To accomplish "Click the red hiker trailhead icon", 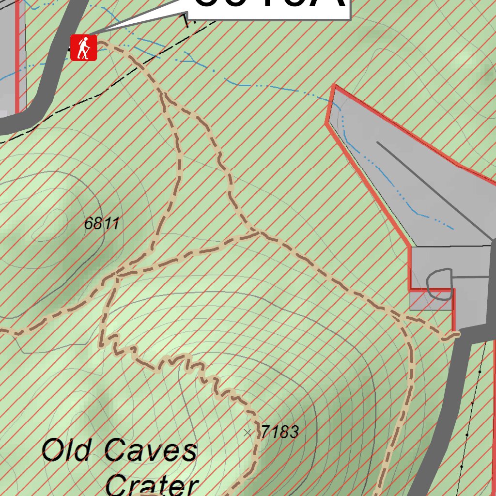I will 84,48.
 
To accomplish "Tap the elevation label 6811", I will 101,224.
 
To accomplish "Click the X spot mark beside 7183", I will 248,432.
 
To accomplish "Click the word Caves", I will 151,450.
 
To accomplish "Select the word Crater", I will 152,484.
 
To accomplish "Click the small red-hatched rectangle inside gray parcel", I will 430,300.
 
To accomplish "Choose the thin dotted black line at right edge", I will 472,402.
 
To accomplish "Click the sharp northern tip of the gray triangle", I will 334,86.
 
